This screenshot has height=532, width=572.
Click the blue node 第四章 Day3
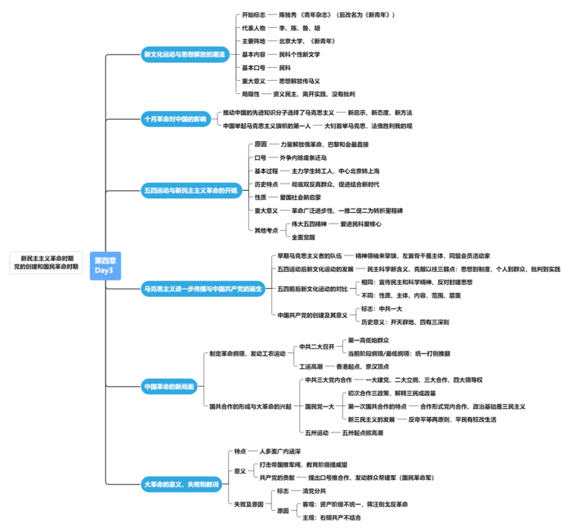click(x=104, y=264)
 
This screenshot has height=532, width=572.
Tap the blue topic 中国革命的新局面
click(x=169, y=386)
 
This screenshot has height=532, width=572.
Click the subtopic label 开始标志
click(x=254, y=15)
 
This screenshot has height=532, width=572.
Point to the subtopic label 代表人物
click(x=254, y=28)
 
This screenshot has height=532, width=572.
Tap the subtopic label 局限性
click(x=251, y=94)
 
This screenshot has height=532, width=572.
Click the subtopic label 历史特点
click(x=266, y=184)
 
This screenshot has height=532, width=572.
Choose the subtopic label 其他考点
click(x=266, y=230)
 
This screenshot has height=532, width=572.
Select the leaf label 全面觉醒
click(x=303, y=237)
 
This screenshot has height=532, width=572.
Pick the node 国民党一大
click(x=320, y=406)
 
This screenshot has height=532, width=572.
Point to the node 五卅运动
click(x=316, y=432)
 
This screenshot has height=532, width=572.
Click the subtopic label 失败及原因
click(x=249, y=504)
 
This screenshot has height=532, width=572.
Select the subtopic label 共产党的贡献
click(x=276, y=477)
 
